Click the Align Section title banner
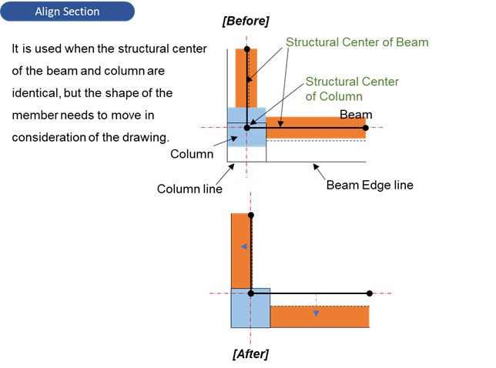click(67, 12)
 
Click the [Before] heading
click(245, 21)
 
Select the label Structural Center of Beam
click(357, 42)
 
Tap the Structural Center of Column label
click(352, 89)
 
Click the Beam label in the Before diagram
click(356, 115)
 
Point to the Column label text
click(192, 154)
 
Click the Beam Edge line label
click(370, 185)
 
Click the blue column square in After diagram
click(250, 308)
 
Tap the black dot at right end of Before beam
click(366, 128)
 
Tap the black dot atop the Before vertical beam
click(246, 49)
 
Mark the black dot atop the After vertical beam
click(250, 215)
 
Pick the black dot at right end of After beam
click(370, 293)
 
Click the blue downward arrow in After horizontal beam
click(316, 313)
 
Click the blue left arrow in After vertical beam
click(243, 247)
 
